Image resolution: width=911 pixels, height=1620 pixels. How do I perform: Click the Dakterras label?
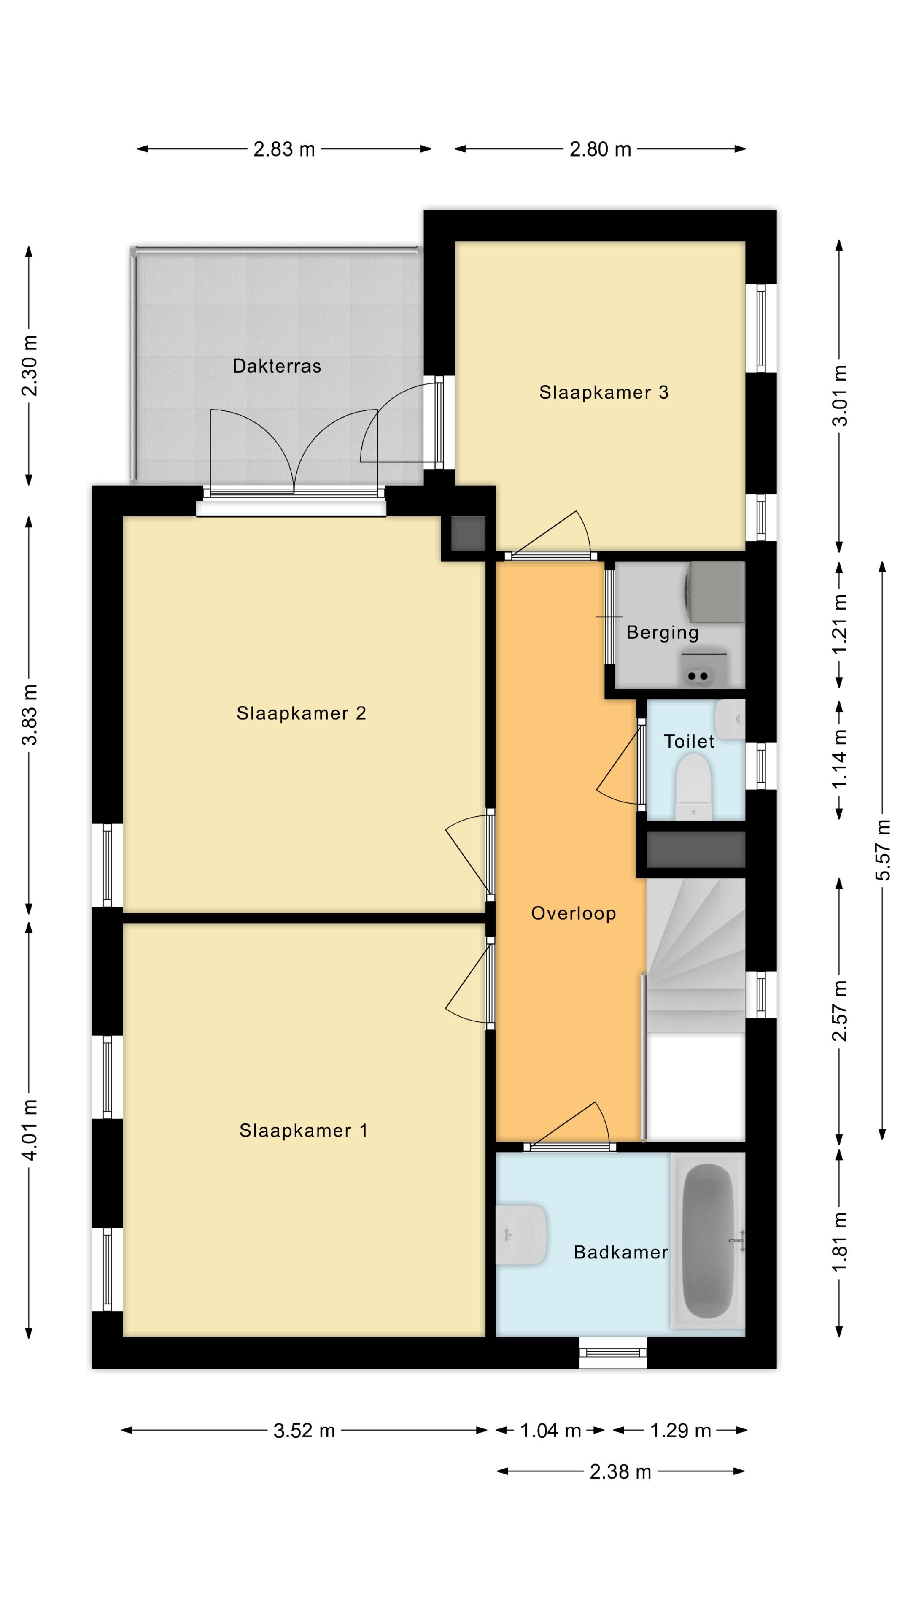(277, 366)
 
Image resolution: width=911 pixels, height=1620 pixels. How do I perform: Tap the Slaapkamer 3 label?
(604, 392)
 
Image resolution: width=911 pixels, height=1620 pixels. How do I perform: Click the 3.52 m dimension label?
(304, 1431)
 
